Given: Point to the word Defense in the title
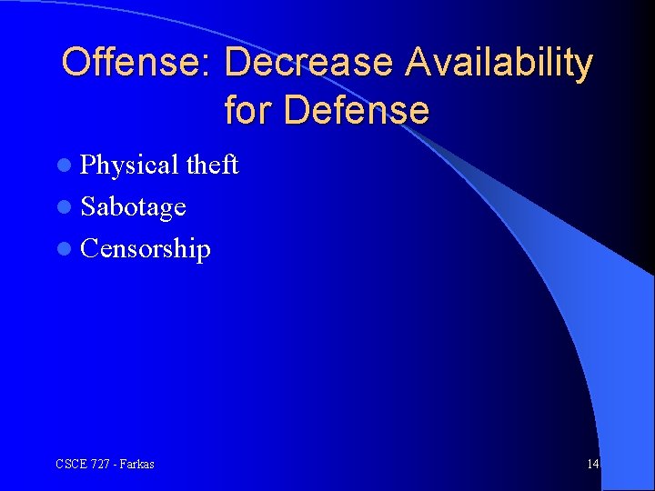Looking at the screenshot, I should coord(356,111).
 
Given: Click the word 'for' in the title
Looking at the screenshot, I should coord(248,111).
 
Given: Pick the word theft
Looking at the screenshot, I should coord(212,165).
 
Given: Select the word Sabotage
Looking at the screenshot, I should coord(133,208).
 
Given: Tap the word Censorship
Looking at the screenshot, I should coord(146,249).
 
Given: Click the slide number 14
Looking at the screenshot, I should coord(592,465).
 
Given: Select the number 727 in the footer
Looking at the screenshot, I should coord(99,465).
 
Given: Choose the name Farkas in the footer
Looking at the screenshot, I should coord(136,465).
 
